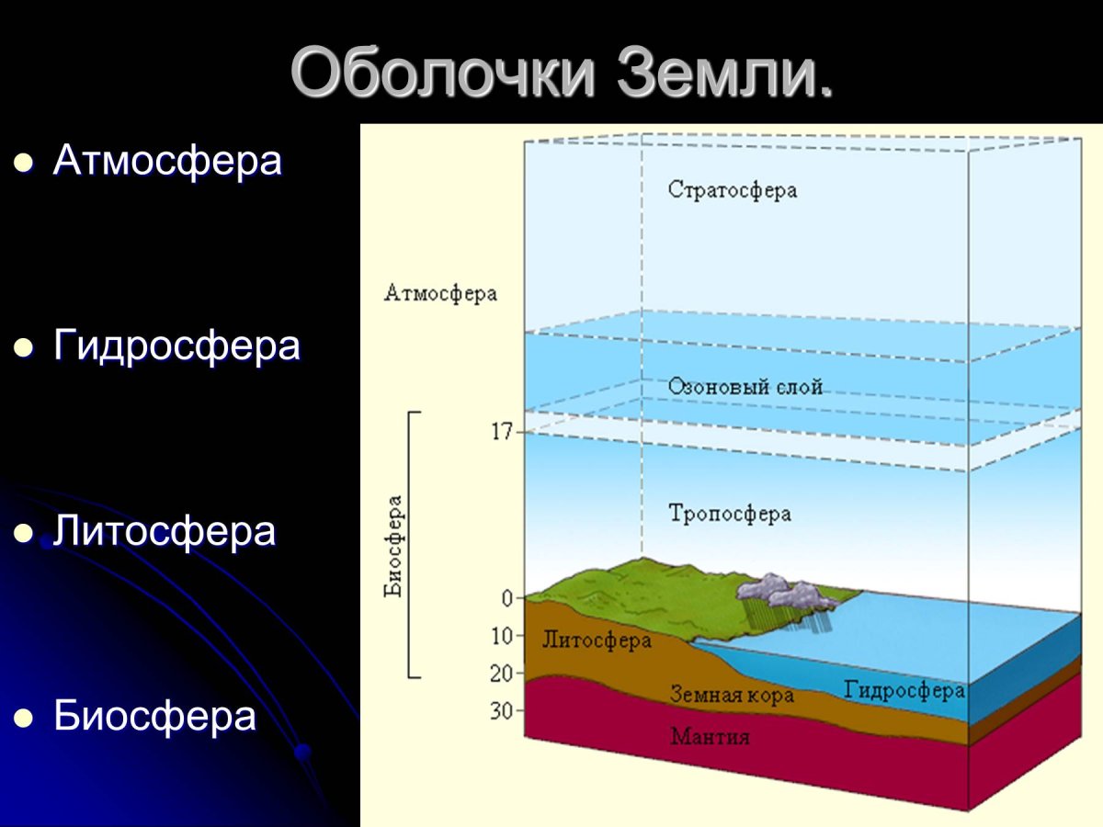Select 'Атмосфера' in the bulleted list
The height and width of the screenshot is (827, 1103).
(x=167, y=161)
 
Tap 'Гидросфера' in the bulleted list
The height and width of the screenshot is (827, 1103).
(x=176, y=346)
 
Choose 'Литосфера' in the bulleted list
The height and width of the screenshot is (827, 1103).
(x=165, y=531)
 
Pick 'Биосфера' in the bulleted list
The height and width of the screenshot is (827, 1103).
(x=154, y=716)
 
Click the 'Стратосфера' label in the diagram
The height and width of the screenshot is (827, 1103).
(x=733, y=190)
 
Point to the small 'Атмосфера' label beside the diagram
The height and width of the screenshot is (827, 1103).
(x=440, y=294)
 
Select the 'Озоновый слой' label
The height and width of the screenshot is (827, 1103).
(x=745, y=387)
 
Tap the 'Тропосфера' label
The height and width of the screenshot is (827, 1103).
(x=730, y=513)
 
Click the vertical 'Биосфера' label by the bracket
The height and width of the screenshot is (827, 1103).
(x=394, y=547)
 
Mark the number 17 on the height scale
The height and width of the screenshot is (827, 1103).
(x=502, y=432)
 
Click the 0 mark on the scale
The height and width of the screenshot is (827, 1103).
(x=507, y=599)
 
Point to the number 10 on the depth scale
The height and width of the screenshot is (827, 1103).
(x=502, y=636)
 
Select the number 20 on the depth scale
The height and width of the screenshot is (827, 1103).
(x=502, y=674)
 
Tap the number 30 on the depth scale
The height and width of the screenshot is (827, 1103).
(x=502, y=710)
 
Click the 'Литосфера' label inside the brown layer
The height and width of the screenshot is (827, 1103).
(x=597, y=640)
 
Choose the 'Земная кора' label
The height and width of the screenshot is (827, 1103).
(x=732, y=695)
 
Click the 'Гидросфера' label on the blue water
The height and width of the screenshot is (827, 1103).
(x=904, y=690)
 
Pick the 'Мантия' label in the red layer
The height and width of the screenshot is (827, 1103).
(x=710, y=737)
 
